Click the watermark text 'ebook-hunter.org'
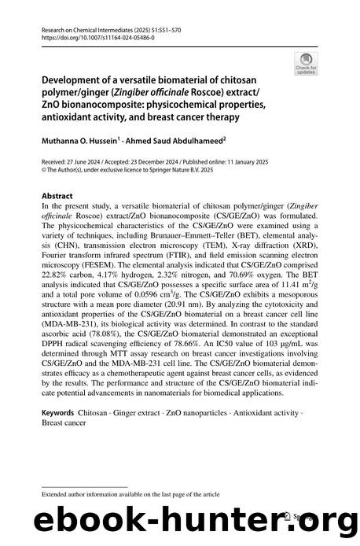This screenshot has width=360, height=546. [x=179, y=519]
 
